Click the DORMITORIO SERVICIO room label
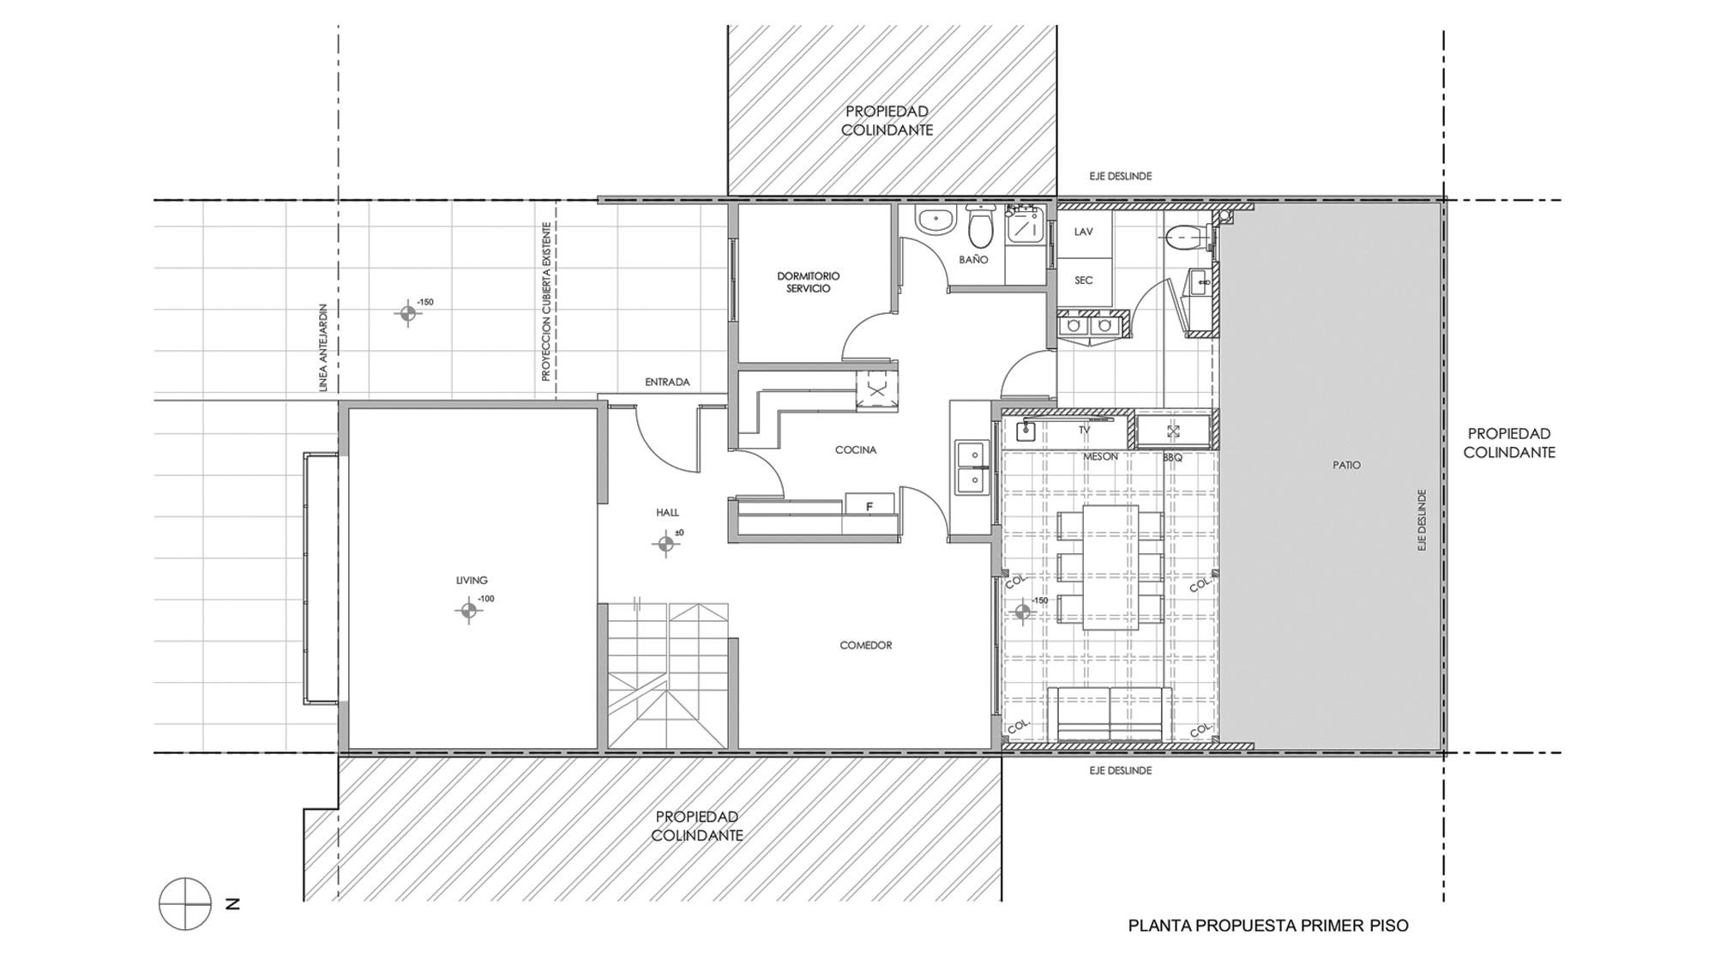pyautogui.click(x=809, y=282)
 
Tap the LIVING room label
pyautogui.click(x=472, y=581)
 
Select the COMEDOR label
pyautogui.click(x=866, y=645)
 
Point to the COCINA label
pyautogui.click(x=856, y=449)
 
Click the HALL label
pyautogui.click(x=667, y=512)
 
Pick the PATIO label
pyautogui.click(x=1346, y=465)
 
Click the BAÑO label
pyautogui.click(x=973, y=259)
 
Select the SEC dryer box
pyautogui.click(x=1084, y=281)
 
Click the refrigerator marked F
pyautogui.click(x=870, y=504)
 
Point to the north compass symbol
pyautogui.click(x=185, y=904)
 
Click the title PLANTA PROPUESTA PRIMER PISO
pyautogui.click(x=1268, y=926)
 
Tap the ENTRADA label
pyautogui.click(x=667, y=382)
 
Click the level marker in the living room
pyautogui.click(x=468, y=611)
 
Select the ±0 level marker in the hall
pyautogui.click(x=665, y=543)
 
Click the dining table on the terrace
pyautogui.click(x=1110, y=567)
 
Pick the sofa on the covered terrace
pyautogui.click(x=1110, y=714)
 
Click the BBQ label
pyautogui.click(x=1172, y=458)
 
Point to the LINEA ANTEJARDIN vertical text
pyautogui.click(x=323, y=347)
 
